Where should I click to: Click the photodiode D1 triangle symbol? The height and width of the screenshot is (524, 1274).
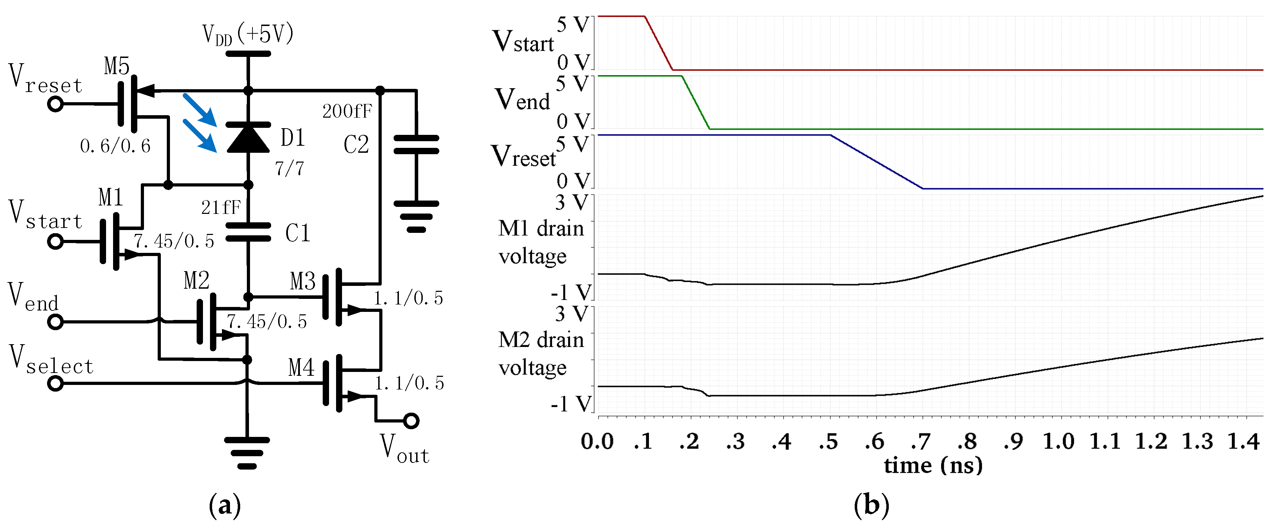pyautogui.click(x=248, y=138)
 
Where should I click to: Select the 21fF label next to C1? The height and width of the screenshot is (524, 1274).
pyautogui.click(x=221, y=207)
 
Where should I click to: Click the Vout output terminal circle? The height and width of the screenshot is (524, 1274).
pyautogui.click(x=411, y=421)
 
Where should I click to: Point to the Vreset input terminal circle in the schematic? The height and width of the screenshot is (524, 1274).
pyautogui.click(x=55, y=104)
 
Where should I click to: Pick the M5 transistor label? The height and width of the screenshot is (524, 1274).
pyautogui.click(x=117, y=66)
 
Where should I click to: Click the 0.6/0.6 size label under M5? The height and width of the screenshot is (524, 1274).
pyautogui.click(x=115, y=146)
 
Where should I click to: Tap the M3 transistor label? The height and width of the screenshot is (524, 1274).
pyautogui.click(x=303, y=282)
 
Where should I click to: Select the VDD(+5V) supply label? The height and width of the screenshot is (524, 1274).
pyautogui.click(x=248, y=34)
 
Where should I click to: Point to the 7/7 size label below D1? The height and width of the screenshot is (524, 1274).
pyautogui.click(x=289, y=169)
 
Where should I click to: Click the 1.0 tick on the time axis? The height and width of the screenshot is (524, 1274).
pyautogui.click(x=1059, y=441)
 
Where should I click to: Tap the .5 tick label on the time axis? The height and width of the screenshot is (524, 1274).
pyautogui.click(x=828, y=441)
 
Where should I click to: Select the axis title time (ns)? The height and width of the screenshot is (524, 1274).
pyautogui.click(x=933, y=465)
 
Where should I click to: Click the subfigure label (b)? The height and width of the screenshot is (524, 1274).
pyautogui.click(x=872, y=505)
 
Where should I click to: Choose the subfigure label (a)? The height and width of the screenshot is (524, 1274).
pyautogui.click(x=225, y=505)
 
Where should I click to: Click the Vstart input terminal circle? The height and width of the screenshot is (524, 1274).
pyautogui.click(x=55, y=242)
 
